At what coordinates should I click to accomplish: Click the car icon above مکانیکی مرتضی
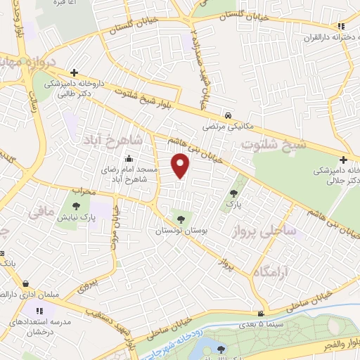tap(229, 115)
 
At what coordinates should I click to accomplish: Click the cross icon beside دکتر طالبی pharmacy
tap(74, 72)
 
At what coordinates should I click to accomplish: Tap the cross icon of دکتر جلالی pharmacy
tap(342, 159)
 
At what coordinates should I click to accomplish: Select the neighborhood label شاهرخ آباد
tap(113, 139)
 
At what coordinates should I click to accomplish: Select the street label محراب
tap(83, 191)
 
